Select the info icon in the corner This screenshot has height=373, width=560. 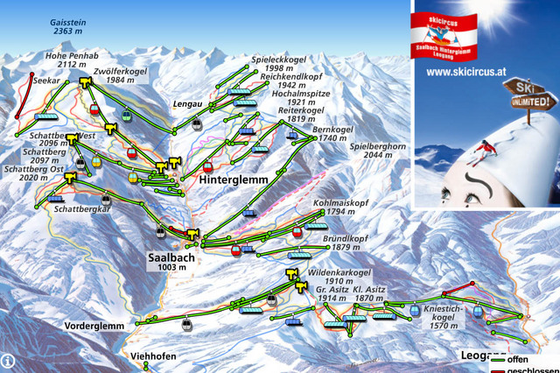point(8,360)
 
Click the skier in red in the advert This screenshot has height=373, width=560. point(479,154)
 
